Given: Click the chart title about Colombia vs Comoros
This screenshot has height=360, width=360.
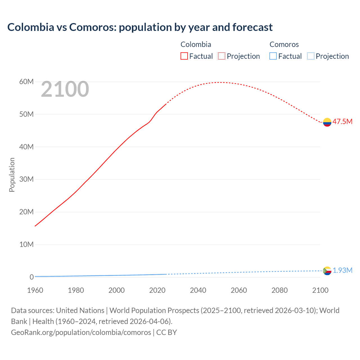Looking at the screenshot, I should pos(140,27).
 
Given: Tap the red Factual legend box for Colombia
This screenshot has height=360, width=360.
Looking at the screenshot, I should pos(184,56).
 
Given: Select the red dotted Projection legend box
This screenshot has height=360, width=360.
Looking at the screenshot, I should pos(222,56).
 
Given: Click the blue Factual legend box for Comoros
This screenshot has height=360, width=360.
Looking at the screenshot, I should pos(273,56).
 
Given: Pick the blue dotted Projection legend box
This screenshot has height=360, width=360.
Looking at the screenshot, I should pos(310,56).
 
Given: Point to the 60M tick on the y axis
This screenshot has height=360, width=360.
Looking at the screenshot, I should pos(26,82).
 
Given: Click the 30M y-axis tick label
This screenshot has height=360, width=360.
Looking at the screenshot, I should pos(26,179).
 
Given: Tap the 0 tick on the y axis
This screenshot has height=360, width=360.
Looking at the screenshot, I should pos(31,277).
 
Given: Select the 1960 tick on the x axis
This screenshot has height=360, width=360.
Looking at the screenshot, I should pos(35,290).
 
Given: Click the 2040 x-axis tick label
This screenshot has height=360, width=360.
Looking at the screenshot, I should pos(198,290).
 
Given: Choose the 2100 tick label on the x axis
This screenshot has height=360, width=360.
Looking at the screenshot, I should pos(320,290).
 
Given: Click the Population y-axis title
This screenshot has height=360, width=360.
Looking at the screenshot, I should pos(12,175).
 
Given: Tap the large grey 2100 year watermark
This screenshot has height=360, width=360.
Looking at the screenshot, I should pos(65,89).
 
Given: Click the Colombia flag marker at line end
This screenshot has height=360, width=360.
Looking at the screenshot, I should pos(327,122).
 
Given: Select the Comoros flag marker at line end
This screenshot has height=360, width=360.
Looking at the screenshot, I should pos(327,271).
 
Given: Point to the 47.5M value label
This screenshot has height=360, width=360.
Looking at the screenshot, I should pos(342,121).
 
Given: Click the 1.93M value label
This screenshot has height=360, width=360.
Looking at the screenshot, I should pos(342,270).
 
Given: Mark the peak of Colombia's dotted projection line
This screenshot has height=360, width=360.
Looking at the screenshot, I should pos(221,82).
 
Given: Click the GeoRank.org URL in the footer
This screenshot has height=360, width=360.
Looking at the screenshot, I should pos(81,332).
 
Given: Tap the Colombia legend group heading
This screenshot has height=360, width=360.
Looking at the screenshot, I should pos(196,44).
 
